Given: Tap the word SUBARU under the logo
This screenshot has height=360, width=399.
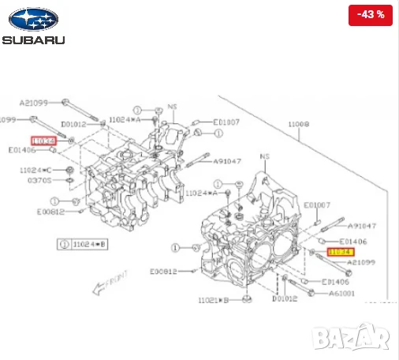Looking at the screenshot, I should [33, 39].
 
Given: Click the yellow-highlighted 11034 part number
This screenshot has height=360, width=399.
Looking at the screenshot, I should [340, 252].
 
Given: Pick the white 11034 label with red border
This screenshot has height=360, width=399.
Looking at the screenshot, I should [44, 141].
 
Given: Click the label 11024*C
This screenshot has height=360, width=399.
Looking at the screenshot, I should [35, 170].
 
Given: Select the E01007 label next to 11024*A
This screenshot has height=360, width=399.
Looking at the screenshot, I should [228, 122].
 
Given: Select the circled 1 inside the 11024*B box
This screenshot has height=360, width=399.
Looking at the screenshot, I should [63, 245].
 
